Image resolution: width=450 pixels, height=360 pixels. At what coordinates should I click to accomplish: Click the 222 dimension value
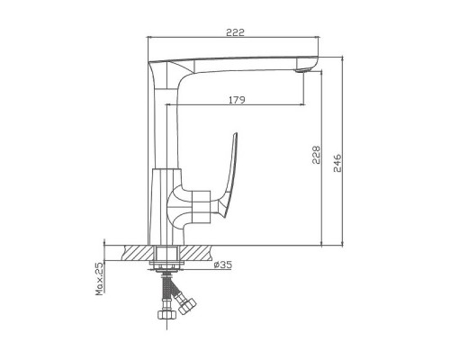tap(235, 32)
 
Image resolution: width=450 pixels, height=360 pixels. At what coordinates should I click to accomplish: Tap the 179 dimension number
tap(237, 100)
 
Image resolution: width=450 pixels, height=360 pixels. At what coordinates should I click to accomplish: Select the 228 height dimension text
tap(316, 155)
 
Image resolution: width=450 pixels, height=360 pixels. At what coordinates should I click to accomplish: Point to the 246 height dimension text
tap(337, 163)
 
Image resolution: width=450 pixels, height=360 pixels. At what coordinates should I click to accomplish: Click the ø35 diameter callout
tap(223, 265)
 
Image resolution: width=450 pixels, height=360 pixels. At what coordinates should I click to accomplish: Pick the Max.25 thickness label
tap(100, 278)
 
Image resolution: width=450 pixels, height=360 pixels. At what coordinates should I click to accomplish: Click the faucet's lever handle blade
tap(231, 175)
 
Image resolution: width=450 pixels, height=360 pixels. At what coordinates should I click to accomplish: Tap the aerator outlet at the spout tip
tap(301, 70)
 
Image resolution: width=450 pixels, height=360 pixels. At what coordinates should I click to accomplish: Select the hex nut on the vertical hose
tap(166, 314)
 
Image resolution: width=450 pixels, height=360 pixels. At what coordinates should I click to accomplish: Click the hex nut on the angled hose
tap(187, 305)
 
